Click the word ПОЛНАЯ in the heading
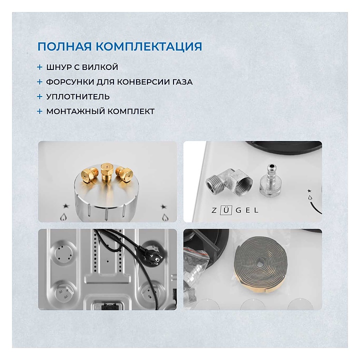tap(65, 46)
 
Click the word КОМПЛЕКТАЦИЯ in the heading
tap(149, 46)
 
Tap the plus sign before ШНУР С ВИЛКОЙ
tap(39, 67)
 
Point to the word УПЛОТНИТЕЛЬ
tap(78, 96)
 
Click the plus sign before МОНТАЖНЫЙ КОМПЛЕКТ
tap(39, 111)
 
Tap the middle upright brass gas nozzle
tap(107, 172)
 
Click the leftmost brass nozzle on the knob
tap(88, 175)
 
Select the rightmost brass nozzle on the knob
tap(124, 174)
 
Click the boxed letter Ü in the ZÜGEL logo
tap(226, 210)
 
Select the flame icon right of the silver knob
tap(165, 217)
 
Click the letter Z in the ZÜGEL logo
tap(214, 210)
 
